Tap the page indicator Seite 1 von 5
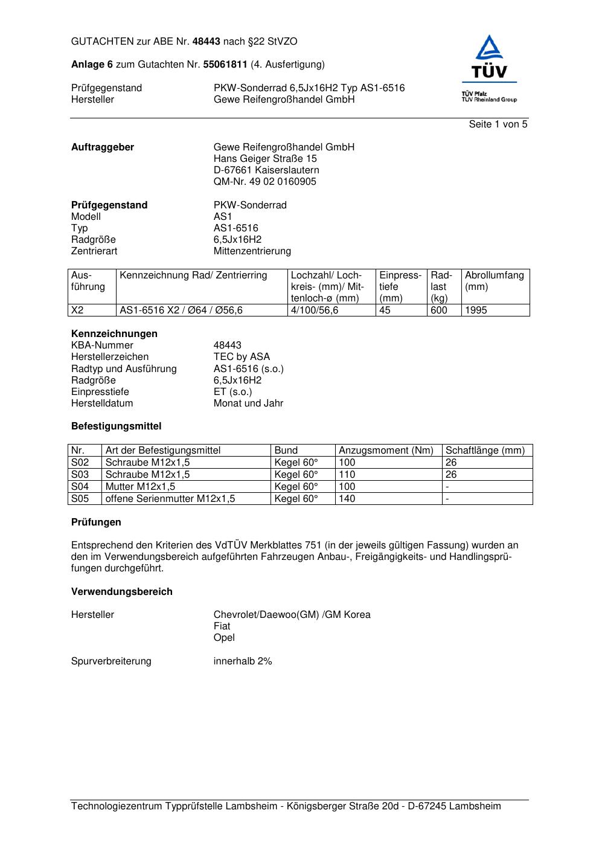coord(498,124)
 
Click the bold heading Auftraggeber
coord(103,147)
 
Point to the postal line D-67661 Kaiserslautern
coord(266,170)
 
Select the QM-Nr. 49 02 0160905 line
coord(264,182)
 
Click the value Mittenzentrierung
coord(252,251)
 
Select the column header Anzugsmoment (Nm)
coord(386,451)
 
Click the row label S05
coord(80,499)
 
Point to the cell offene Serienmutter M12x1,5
coord(170,499)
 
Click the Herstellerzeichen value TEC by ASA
coord(242,357)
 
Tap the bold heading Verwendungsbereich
coord(122,592)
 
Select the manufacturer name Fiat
coord(222,626)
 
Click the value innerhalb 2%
coord(243,661)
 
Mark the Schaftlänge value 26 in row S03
coord(451,475)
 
